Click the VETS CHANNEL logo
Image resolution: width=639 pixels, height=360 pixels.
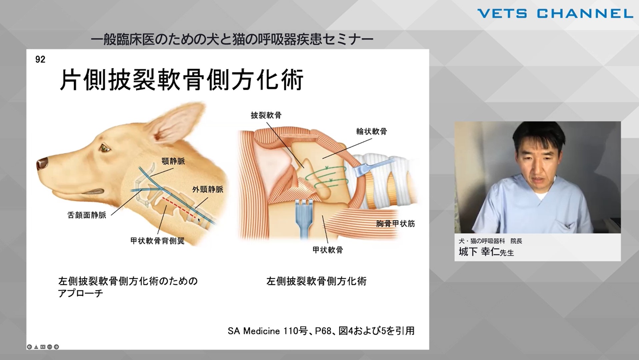tap(555, 14)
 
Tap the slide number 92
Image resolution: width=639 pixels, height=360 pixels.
tap(40, 60)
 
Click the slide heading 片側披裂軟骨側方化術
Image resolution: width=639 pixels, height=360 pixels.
tap(181, 80)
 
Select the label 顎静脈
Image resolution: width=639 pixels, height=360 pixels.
tap(173, 161)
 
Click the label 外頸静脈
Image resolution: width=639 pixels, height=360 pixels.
tap(208, 189)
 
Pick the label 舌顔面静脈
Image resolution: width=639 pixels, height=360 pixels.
tap(87, 215)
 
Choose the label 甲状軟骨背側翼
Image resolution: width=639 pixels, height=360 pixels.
tap(157, 241)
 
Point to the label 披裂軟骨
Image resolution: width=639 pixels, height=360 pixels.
tap(266, 115)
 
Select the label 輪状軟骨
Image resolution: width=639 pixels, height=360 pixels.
tap(371, 131)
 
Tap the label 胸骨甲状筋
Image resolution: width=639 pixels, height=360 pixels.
tap(395, 224)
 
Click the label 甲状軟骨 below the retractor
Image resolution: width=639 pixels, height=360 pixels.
tap(328, 250)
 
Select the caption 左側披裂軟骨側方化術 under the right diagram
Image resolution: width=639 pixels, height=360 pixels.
tap(316, 281)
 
